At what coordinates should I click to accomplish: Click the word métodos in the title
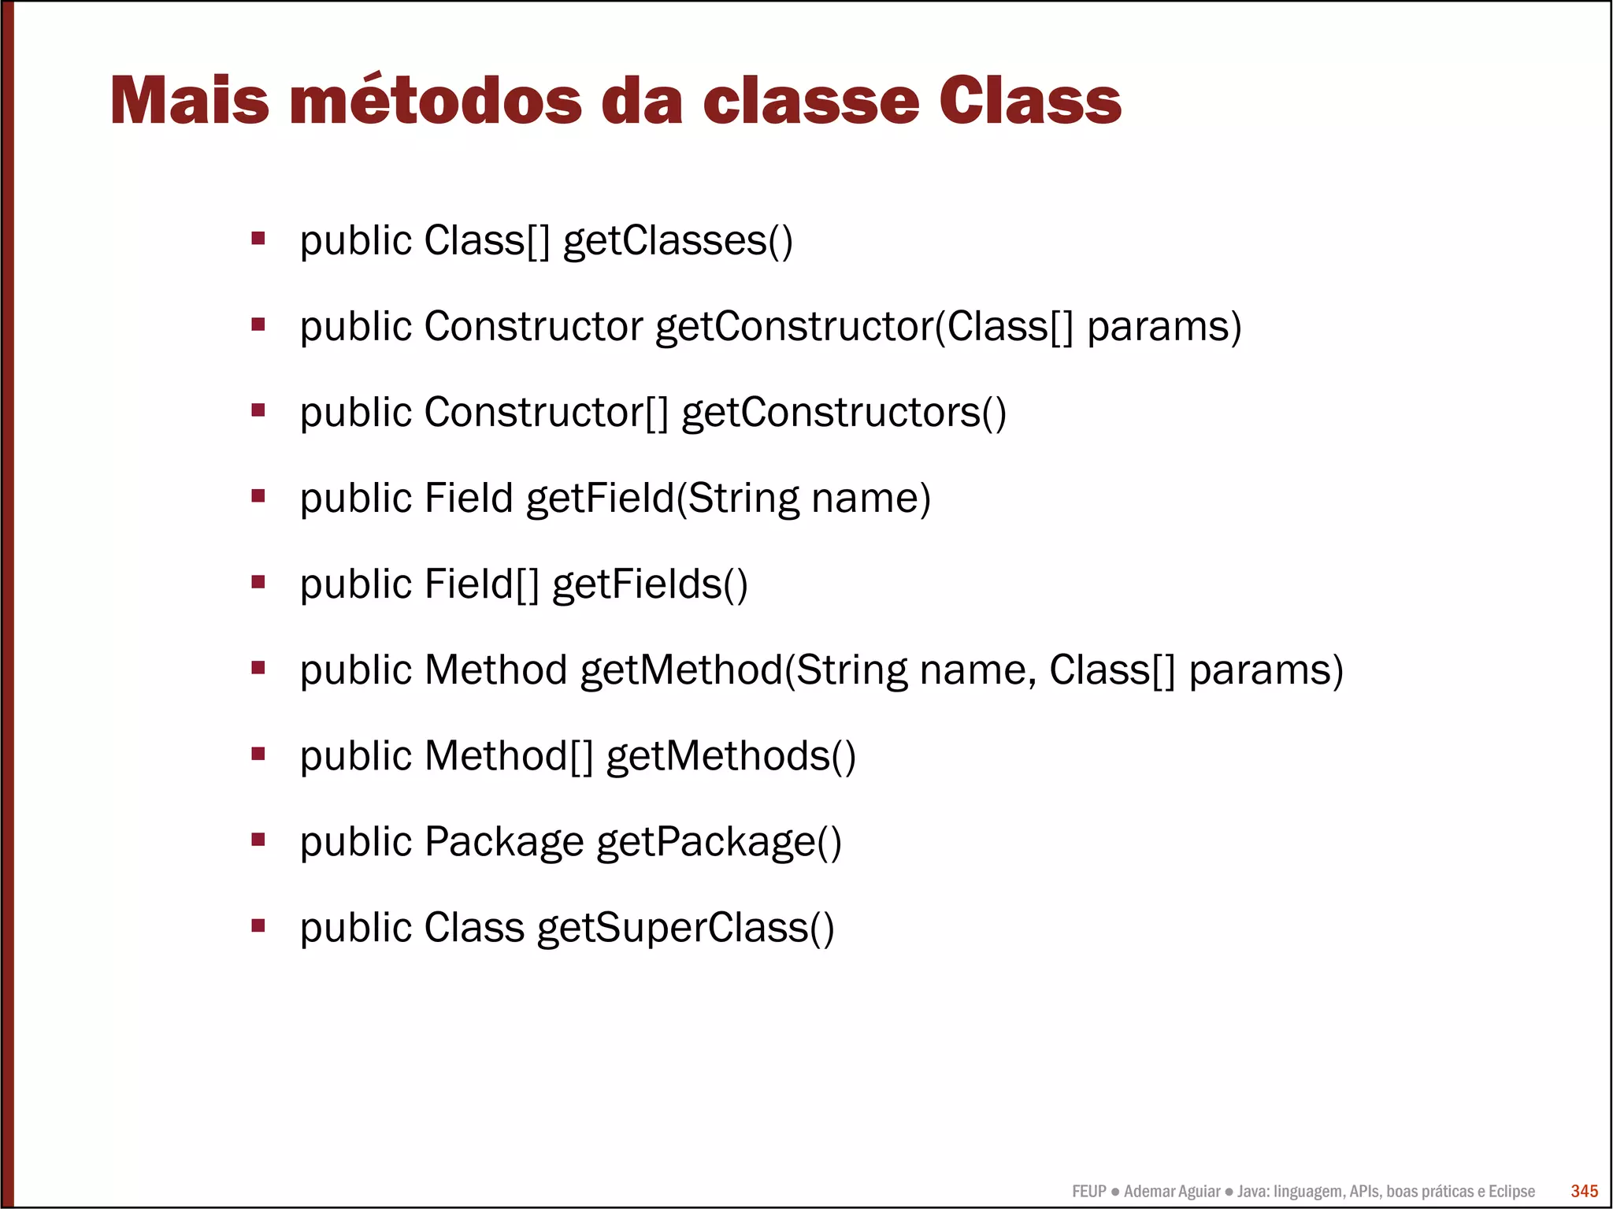point(436,101)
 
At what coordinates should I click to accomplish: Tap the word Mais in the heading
point(189,101)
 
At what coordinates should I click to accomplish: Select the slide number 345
point(1584,1191)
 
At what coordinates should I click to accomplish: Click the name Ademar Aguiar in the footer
point(1171,1192)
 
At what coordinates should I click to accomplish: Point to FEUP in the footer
point(1088,1192)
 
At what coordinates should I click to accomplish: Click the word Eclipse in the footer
point(1511,1192)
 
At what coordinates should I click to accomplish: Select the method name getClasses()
point(677,241)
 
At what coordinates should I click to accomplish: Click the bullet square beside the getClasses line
point(258,238)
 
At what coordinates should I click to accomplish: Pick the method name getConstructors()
point(844,413)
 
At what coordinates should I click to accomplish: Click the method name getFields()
point(650,584)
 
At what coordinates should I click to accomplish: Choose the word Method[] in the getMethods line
point(508,756)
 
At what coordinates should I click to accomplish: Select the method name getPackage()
point(718,842)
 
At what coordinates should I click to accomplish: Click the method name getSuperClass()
point(685,928)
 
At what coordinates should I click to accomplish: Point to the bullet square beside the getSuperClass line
point(258,925)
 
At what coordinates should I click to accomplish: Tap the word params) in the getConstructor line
point(1164,327)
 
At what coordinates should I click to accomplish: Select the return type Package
point(503,842)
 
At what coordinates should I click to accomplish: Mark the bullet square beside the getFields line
point(258,582)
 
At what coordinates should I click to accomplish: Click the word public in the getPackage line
point(356,842)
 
